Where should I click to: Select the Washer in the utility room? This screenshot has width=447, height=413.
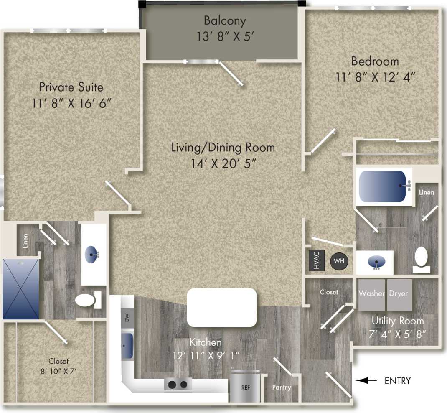(371, 294)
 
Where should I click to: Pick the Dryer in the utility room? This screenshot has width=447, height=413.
(399, 294)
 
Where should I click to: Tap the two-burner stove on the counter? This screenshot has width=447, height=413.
(178, 385)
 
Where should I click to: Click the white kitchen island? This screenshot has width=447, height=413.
(221, 307)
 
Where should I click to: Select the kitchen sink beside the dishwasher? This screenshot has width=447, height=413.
(127, 345)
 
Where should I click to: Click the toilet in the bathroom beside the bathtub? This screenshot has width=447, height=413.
(421, 257)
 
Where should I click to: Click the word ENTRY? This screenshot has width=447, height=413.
(397, 381)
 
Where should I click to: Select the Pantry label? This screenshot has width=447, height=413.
(281, 388)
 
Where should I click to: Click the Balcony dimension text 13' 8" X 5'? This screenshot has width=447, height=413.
(225, 36)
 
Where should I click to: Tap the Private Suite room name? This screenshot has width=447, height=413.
(71, 87)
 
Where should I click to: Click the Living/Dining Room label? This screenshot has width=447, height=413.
(223, 148)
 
